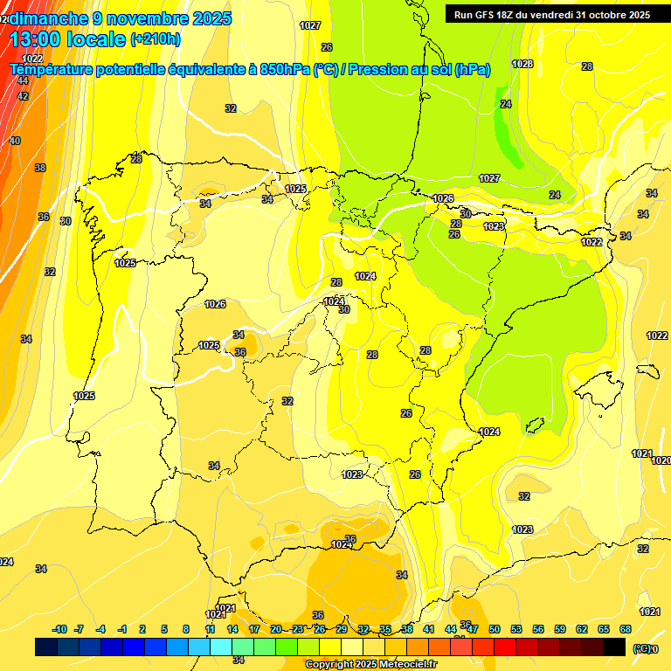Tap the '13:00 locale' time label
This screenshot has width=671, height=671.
click(68, 38)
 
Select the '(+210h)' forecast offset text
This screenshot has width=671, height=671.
click(155, 38)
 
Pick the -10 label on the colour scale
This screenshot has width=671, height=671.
click(60, 629)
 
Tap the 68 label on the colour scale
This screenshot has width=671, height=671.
click(626, 629)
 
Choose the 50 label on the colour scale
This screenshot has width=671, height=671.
click(495, 629)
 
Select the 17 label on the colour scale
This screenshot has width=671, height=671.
click(254, 629)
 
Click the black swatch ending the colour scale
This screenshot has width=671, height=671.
click(614, 647)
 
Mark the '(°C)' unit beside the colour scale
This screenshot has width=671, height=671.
click(641, 648)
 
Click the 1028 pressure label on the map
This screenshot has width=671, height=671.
click(522, 64)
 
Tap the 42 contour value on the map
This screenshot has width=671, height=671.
click(23, 96)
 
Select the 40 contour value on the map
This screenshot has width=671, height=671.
click(15, 141)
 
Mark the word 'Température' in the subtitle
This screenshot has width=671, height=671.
click(52, 70)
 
